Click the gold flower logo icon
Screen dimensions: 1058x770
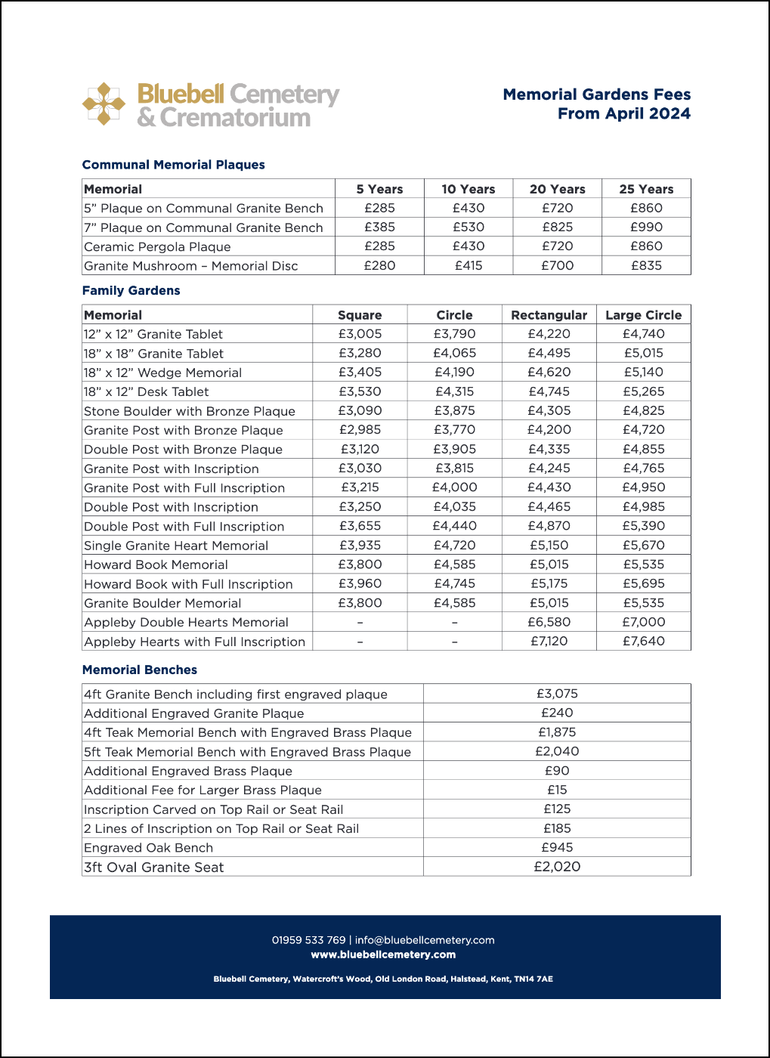tap(104, 104)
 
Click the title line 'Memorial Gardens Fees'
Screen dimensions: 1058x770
tap(596, 94)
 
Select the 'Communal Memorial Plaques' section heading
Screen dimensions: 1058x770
tap(173, 165)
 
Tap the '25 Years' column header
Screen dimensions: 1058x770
tap(646, 189)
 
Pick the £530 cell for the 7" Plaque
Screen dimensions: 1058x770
tap(468, 227)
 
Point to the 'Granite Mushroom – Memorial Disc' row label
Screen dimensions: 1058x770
tap(191, 266)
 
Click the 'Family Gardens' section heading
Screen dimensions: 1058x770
tap(131, 290)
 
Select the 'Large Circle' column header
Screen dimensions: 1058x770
tap(643, 315)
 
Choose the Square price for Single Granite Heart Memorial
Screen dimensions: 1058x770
tap(360, 545)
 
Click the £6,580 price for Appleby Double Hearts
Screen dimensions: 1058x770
tap(549, 622)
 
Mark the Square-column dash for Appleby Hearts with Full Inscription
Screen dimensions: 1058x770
tap(360, 642)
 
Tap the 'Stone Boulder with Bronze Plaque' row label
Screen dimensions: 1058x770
tap(190, 411)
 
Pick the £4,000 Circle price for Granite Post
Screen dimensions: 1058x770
tap(454, 487)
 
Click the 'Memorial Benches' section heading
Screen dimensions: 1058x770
tap(139, 670)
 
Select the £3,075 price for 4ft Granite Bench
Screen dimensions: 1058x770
tap(557, 694)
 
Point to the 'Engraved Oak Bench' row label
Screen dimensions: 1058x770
tap(148, 848)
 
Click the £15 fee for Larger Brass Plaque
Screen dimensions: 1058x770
tap(557, 790)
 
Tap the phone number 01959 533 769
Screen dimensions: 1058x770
tap(308, 940)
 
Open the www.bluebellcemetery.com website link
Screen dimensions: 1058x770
tap(383, 954)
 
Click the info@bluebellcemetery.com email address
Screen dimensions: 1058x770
tap(425, 940)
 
